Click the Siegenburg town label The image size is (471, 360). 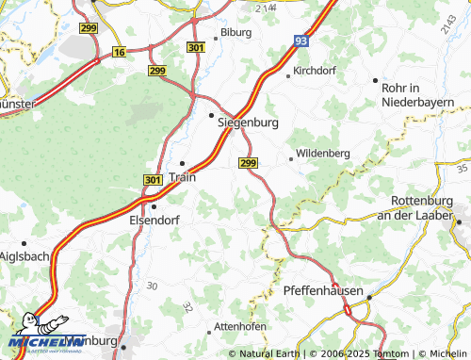click(250, 123)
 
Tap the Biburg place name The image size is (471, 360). click(235, 32)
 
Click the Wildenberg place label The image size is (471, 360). click(322, 153)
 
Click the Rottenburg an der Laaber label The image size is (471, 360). click(422, 208)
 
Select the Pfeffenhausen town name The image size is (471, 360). click(323, 292)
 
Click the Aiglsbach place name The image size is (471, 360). click(17, 255)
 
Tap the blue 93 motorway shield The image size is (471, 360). click(300, 41)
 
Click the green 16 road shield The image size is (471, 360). click(119, 52)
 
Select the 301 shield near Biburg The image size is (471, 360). click(196, 47)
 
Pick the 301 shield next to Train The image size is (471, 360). click(154, 179)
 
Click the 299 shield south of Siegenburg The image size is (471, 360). click(248, 163)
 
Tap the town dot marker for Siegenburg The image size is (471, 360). click(210, 115)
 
